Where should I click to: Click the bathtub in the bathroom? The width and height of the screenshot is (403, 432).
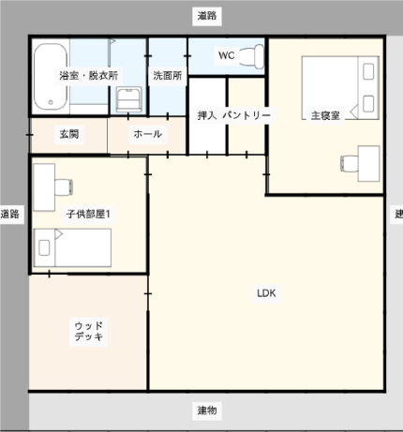pos(51,77)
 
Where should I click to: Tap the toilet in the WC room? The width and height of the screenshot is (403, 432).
pos(251,56)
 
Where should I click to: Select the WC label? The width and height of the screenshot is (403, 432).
pos(226,55)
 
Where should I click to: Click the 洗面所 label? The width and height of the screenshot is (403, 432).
pos(168,76)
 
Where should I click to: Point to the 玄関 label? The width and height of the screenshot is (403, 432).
pos(69,134)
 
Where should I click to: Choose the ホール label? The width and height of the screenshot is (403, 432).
pos(147,134)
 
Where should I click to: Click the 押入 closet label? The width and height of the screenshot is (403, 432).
pos(207,115)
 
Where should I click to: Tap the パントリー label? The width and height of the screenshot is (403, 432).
pos(246,115)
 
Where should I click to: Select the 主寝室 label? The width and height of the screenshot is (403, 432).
pos(325,115)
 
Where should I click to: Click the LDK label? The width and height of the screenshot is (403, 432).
pos(266,293)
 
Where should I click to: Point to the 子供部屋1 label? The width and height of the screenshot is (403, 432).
pos(88,215)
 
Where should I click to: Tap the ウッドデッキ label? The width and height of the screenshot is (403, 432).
pos(89,331)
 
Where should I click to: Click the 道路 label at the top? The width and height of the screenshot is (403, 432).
pos(207,16)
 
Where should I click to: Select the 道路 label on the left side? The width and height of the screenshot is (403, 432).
pos(10,215)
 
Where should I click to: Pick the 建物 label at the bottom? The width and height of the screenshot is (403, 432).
pos(207,410)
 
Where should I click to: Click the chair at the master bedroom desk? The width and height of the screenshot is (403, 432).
pos(350,164)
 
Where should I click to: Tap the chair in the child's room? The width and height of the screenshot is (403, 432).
pos(64,186)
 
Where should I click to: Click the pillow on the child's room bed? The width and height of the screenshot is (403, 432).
pos(44,248)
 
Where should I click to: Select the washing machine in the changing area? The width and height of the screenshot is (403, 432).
pos(128,99)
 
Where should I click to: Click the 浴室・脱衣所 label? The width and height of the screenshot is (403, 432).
pos(89,76)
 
